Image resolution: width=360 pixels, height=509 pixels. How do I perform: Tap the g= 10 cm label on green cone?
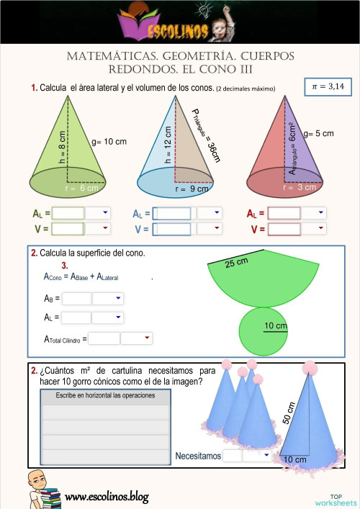coord(109,142)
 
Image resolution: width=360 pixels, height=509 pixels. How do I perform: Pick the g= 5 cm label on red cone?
coord(319,133)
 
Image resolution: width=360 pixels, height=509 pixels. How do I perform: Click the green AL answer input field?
coord(68,213)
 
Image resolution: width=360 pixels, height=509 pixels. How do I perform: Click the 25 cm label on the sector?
coord(236,263)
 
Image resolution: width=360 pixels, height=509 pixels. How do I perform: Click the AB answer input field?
coord(77,298)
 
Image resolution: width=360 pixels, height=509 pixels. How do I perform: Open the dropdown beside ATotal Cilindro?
coord(138,338)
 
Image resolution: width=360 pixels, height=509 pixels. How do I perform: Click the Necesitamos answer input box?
coord(233,456)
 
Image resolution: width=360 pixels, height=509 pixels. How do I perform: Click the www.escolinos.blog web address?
coord(107,496)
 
